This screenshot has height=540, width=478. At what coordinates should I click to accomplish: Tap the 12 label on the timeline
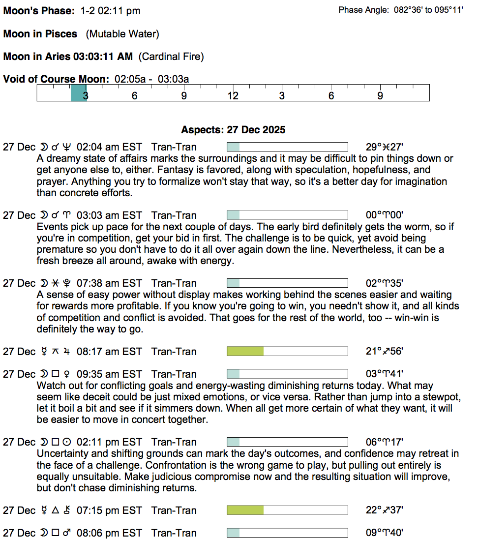pos(233,95)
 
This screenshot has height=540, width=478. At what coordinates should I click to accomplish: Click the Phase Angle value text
pos(428,10)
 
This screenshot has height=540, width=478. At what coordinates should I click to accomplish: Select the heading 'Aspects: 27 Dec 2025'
pos(233,130)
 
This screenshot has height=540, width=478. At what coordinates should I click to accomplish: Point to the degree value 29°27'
pos(385,147)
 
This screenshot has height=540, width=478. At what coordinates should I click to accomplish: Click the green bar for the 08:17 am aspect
pos(245,351)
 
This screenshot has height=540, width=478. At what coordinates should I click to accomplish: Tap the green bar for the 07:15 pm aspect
pos(245,510)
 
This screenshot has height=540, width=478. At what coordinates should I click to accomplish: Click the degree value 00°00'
pos(385,215)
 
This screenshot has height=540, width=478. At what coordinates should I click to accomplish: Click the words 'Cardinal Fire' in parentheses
pos(171,57)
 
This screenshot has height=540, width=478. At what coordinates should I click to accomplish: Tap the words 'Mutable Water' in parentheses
pos(122,34)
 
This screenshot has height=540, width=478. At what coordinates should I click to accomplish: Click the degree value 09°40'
pos(385,533)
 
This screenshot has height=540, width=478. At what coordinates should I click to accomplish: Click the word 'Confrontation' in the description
pos(67,465)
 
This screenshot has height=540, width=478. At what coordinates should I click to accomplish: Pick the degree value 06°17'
pos(385,442)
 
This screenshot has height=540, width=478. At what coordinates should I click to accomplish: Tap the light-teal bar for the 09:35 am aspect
pos(233,374)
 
